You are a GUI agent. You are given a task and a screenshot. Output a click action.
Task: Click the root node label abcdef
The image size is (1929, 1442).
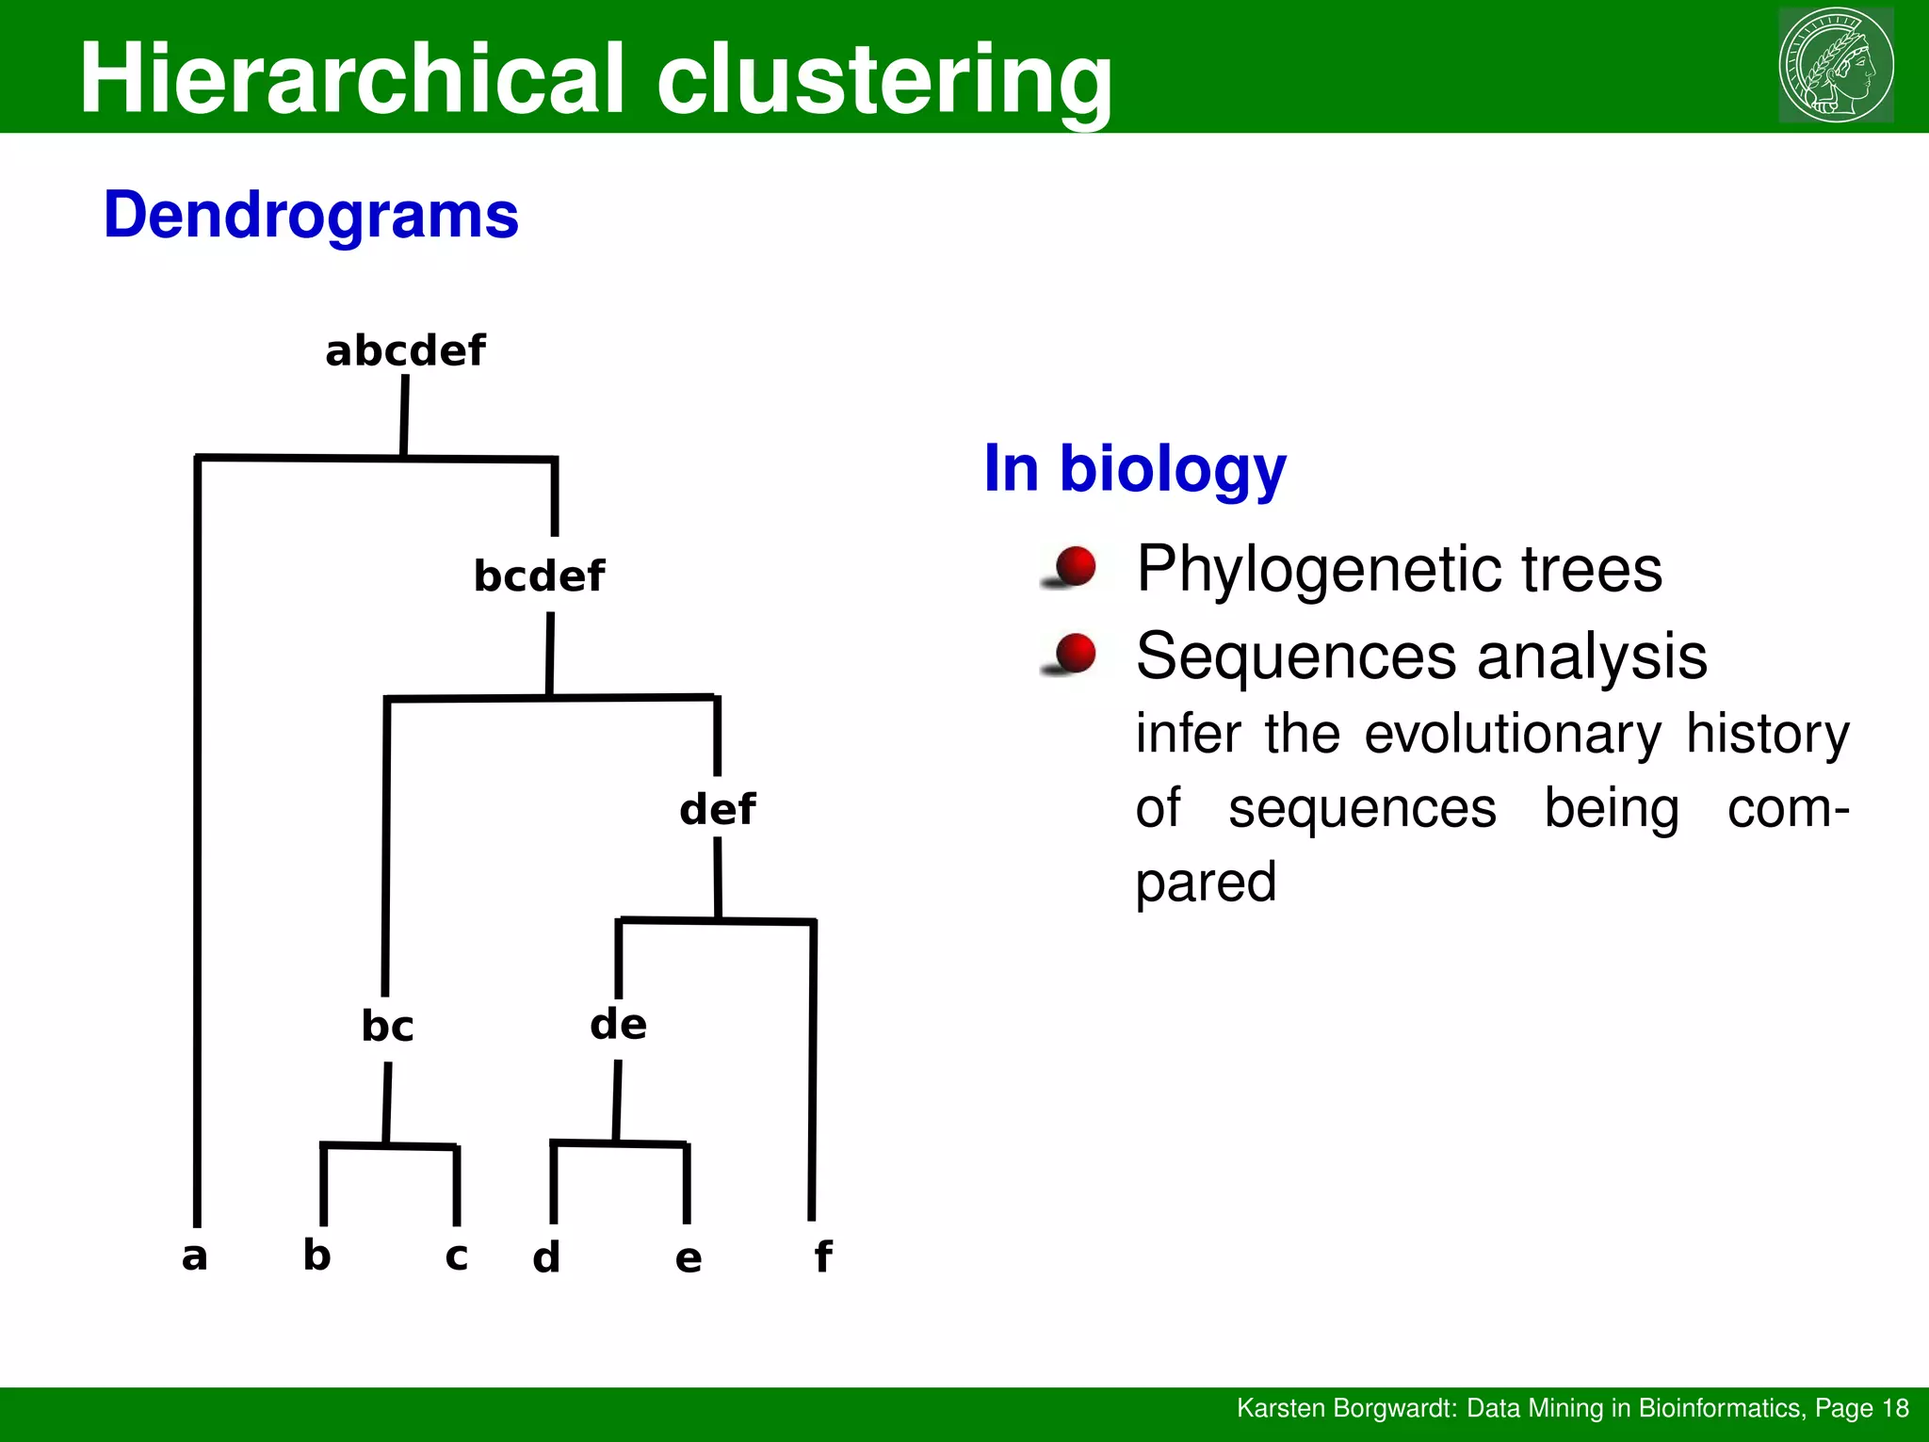(405, 351)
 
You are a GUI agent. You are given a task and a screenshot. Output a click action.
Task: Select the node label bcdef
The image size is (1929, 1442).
(539, 575)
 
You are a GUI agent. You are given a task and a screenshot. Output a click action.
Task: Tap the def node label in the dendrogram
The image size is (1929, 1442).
(718, 809)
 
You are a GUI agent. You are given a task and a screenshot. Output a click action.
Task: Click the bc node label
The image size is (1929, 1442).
(387, 1026)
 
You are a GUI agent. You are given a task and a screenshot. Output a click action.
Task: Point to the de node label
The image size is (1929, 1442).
(618, 1024)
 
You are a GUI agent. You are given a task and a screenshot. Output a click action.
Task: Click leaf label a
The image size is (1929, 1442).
(194, 1256)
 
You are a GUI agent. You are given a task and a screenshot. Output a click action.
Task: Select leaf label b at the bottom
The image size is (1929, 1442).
(316, 1255)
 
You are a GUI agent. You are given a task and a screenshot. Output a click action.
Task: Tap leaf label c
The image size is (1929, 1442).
(456, 1256)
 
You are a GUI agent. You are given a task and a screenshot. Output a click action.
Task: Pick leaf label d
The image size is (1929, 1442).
(546, 1257)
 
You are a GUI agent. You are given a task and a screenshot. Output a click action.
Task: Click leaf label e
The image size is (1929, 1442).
(689, 1258)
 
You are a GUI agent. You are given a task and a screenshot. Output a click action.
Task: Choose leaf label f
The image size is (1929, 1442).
(822, 1256)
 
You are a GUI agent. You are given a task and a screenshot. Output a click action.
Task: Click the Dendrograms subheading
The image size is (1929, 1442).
(311, 216)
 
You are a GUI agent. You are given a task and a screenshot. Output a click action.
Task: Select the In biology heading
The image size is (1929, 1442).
(1134, 468)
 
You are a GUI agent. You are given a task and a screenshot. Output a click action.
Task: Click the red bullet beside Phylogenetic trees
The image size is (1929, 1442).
(1075, 567)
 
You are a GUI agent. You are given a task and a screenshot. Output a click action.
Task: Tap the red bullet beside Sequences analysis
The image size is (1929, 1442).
(1075, 655)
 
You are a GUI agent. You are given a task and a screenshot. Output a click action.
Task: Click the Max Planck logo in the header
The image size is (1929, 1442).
(1836, 65)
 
